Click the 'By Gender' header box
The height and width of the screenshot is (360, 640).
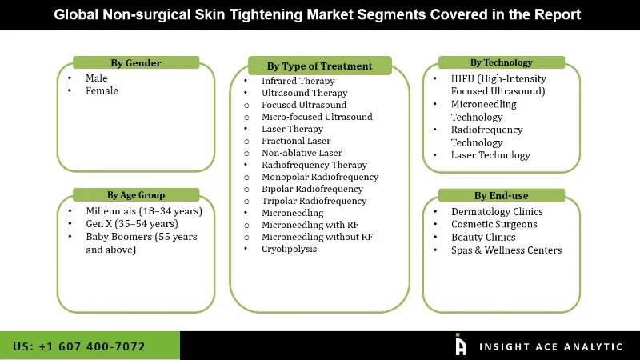tap(135, 63)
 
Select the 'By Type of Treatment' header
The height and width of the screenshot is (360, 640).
tap(319, 66)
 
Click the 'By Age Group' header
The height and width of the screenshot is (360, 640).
tap(136, 194)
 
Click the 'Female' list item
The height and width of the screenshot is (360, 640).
tap(102, 91)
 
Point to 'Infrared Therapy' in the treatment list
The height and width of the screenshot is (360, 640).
tap(298, 81)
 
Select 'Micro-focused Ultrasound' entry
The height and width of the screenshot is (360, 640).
tap(317, 117)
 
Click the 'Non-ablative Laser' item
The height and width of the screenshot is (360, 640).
tap(302, 153)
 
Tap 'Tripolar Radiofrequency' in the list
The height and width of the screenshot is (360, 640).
tap(314, 201)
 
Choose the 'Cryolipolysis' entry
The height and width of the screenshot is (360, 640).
tap(289, 249)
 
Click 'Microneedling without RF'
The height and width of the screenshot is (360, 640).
tap(317, 237)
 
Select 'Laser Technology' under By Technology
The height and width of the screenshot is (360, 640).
tap(490, 155)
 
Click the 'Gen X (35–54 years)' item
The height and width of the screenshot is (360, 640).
tap(131, 224)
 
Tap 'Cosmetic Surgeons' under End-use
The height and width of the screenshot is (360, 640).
tap(494, 225)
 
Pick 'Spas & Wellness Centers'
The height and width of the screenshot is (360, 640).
tap(506, 250)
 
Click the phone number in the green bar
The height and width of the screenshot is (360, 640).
tap(79, 346)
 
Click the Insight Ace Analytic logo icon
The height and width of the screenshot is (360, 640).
tap(461, 345)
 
